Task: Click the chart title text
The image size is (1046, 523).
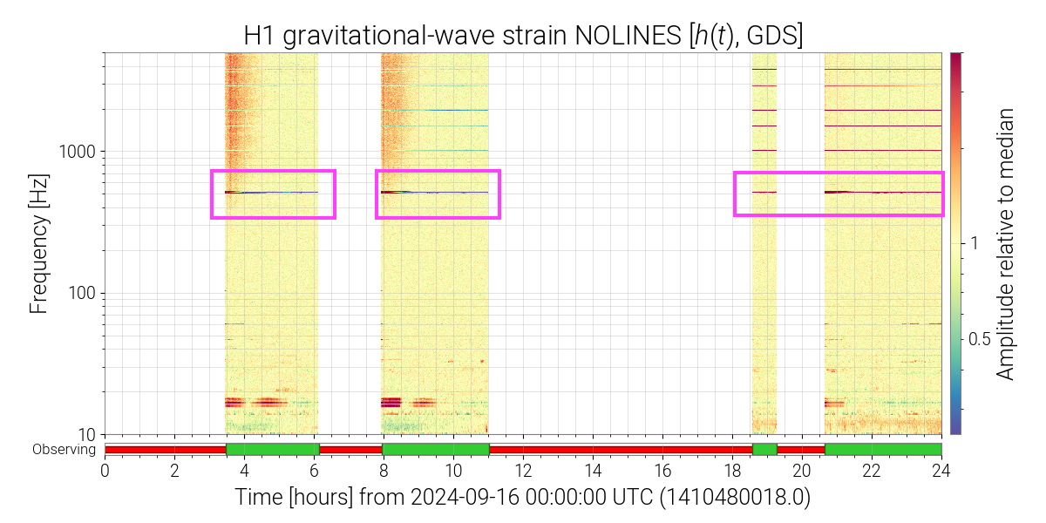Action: point(523,36)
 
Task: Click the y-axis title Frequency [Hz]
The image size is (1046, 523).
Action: point(38,244)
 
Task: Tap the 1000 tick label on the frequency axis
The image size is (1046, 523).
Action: point(77,152)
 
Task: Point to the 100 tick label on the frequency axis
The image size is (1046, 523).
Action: point(81,293)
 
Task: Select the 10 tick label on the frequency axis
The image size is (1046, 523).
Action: point(86,435)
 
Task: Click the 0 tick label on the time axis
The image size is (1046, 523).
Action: point(105,471)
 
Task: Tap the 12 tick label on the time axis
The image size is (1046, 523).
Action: point(523,471)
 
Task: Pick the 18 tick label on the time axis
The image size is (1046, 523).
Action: point(732,471)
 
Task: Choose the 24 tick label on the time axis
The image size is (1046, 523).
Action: point(941,471)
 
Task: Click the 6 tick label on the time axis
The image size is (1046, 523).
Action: point(314,471)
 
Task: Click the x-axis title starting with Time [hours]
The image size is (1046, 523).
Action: point(522,497)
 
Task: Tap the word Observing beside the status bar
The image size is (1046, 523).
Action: point(64,449)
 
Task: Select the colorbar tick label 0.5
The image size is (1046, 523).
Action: point(979,339)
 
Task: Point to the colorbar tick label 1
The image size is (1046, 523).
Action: point(975,243)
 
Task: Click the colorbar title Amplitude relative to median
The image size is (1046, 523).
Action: point(1005,244)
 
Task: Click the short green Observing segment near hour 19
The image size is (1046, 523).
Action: point(765,449)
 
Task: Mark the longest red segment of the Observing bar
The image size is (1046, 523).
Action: point(621,449)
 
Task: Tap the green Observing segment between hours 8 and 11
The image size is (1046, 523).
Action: point(436,449)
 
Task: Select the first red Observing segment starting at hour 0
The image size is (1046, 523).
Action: point(166,449)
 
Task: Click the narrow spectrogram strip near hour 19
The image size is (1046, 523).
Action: point(764,243)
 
